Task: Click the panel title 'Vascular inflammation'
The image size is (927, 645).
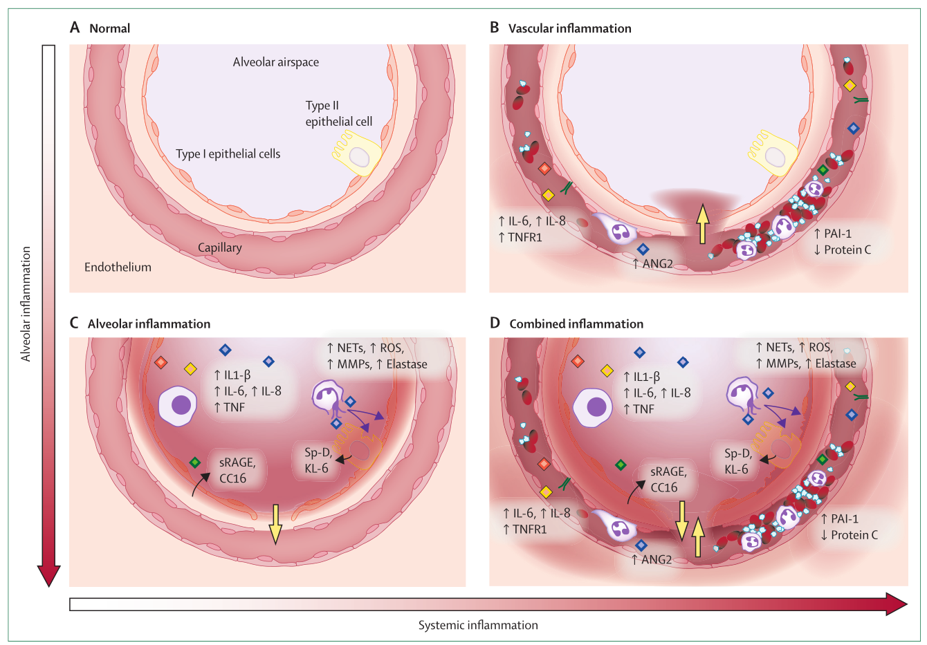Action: click(569, 28)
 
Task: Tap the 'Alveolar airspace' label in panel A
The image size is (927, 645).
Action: click(276, 62)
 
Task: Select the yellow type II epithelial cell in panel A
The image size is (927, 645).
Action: click(358, 156)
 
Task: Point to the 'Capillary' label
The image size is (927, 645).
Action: click(220, 247)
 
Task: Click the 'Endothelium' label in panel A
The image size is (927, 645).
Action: click(118, 267)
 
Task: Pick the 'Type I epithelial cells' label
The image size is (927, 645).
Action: click(228, 154)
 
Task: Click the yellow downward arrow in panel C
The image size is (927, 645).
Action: click(275, 523)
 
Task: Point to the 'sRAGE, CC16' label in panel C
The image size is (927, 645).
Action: click(237, 470)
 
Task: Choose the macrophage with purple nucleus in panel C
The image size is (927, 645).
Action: click(178, 405)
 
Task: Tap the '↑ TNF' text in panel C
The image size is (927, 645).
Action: click(230, 407)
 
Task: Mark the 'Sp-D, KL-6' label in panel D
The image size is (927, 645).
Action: click(737, 461)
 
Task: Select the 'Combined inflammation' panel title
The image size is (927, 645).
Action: click(576, 324)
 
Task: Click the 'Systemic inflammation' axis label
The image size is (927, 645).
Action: click(478, 625)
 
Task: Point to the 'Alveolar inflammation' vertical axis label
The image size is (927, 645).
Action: click(26, 303)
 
